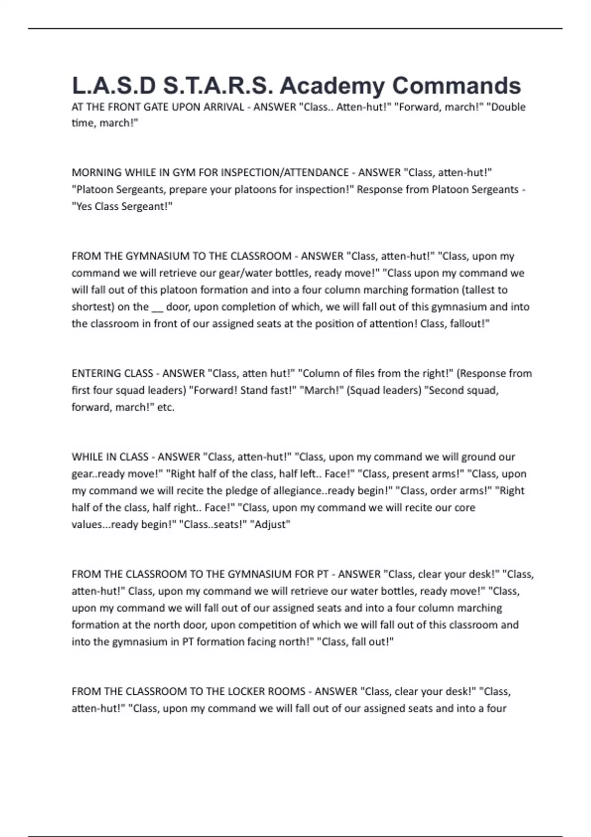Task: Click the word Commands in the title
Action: pos(457,86)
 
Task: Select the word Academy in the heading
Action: pos(332,86)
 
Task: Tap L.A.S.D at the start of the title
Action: pos(114,86)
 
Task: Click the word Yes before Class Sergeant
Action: pos(82,206)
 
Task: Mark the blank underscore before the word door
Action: pos(157,307)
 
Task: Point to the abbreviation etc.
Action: pos(166,407)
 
